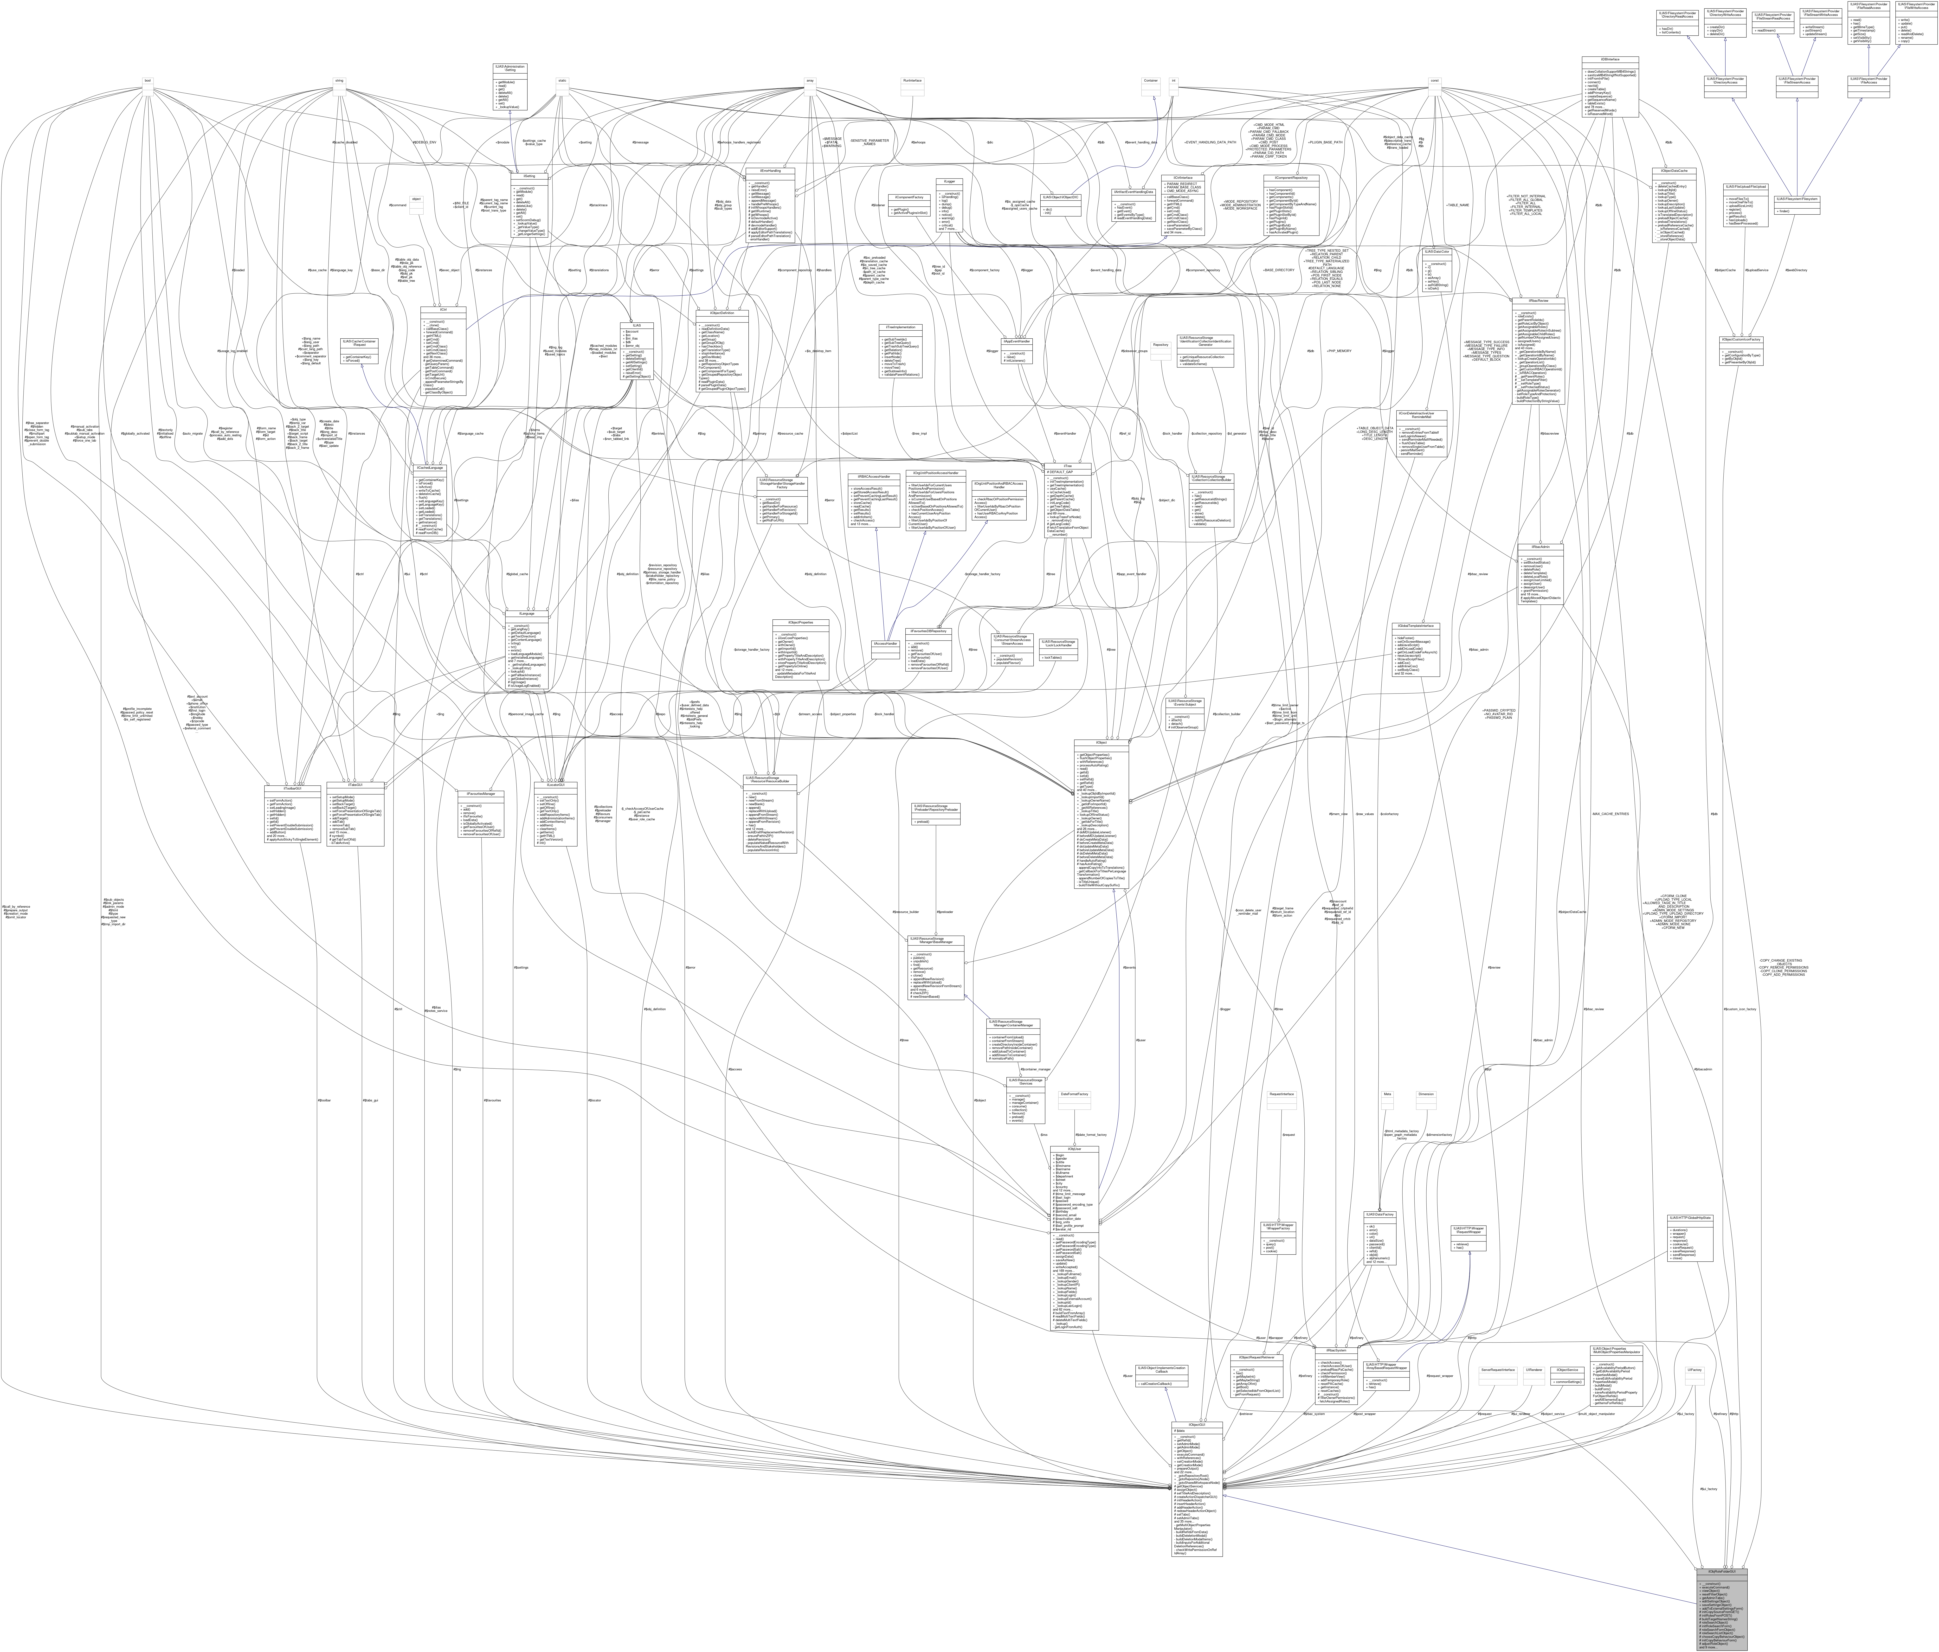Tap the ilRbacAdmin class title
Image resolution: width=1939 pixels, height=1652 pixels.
(x=1540, y=546)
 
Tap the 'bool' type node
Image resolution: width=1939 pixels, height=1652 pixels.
(x=147, y=80)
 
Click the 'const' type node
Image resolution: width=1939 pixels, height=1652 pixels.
(x=1434, y=80)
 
